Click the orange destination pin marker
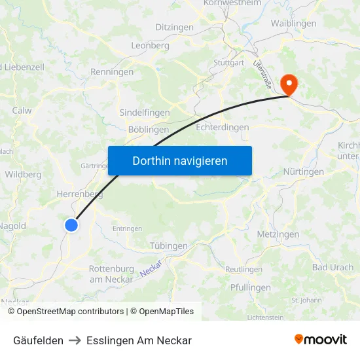click(288, 84)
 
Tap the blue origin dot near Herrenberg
click(71, 225)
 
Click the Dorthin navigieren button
click(180, 160)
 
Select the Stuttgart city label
click(228, 63)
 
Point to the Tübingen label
click(168, 245)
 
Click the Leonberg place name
click(150, 45)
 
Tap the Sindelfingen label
click(144, 113)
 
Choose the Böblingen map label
click(148, 130)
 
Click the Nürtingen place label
click(304, 171)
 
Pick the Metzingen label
click(278, 234)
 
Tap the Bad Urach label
click(333, 267)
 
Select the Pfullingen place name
click(250, 287)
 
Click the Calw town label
click(22, 111)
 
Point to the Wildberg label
click(23, 175)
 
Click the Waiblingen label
click(293, 24)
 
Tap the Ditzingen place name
click(174, 27)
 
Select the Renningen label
click(112, 72)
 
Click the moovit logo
click(320, 340)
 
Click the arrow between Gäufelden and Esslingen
click(75, 340)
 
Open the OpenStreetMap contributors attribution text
click(70, 312)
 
